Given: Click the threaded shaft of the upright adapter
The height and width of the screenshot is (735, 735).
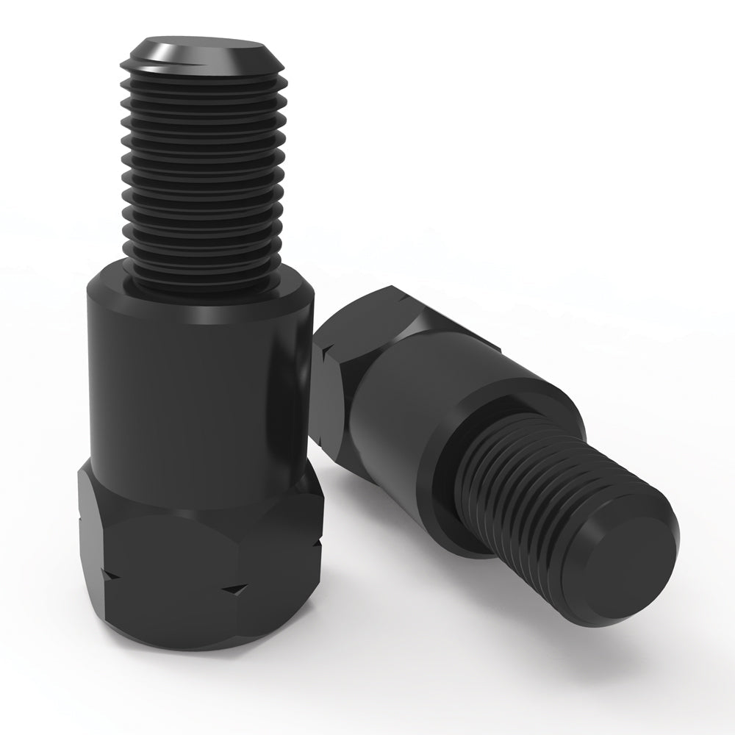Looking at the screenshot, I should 204,169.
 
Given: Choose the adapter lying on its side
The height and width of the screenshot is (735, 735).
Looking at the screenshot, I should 478,441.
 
